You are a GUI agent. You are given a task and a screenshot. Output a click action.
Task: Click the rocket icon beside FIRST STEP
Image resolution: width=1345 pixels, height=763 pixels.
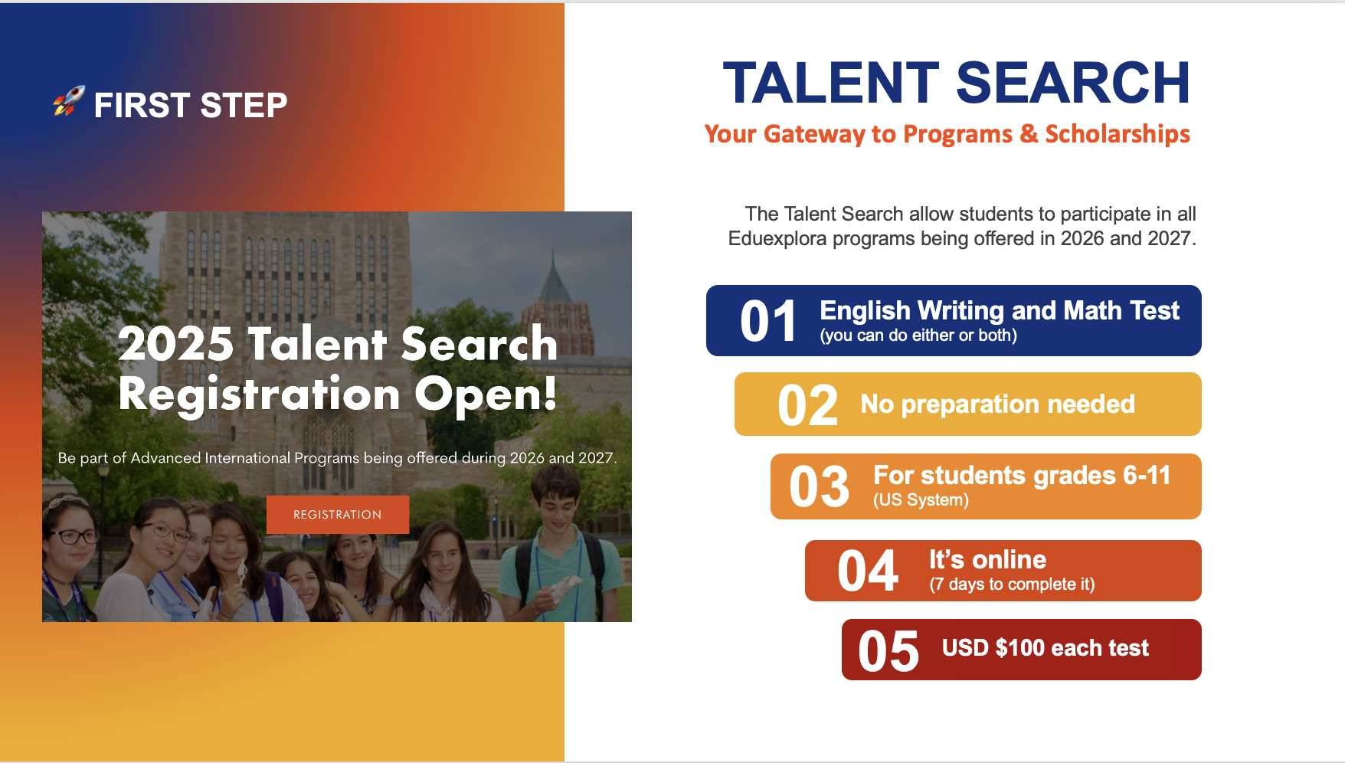[x=68, y=101]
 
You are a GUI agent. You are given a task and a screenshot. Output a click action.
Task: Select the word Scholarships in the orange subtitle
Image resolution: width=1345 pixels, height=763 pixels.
[x=1118, y=134]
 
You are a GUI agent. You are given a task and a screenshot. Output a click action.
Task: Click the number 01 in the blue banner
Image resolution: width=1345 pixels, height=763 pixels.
[x=768, y=322]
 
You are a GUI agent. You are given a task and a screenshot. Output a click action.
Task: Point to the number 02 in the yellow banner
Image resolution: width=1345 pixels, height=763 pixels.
[x=807, y=405]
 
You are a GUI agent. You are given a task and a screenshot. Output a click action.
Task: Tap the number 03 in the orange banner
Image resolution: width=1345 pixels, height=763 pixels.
[x=819, y=487]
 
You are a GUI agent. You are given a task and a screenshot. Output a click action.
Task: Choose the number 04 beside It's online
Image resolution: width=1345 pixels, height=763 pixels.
[x=867, y=571]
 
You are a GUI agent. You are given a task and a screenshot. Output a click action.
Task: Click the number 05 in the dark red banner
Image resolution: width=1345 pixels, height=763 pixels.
[x=888, y=652]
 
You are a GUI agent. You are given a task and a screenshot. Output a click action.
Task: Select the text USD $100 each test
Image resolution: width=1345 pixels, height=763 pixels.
[x=1046, y=648]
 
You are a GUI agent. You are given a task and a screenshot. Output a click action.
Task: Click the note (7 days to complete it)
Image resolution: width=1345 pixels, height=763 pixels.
[x=1012, y=585]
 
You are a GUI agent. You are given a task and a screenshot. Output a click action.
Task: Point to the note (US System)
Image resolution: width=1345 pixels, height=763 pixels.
[x=921, y=500]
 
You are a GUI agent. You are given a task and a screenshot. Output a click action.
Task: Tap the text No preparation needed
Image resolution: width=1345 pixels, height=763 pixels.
[x=997, y=404]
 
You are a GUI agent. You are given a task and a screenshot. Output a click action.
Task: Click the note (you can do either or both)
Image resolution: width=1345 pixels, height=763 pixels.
[x=918, y=336]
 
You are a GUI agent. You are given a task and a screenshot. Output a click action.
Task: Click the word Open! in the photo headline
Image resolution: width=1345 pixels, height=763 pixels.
[x=486, y=395]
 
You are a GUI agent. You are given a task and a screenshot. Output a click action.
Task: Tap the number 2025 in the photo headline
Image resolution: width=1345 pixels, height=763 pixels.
[x=175, y=343]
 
